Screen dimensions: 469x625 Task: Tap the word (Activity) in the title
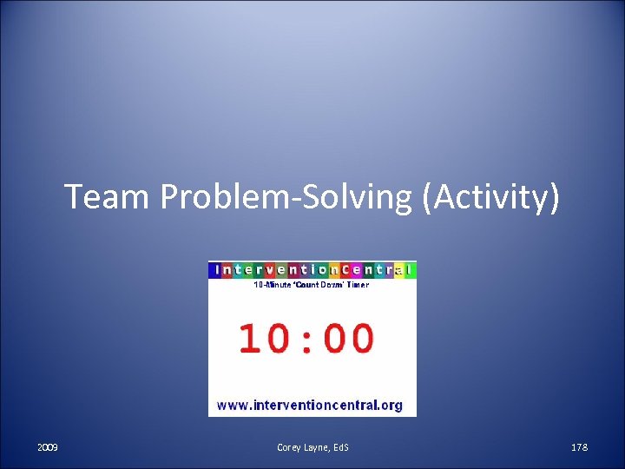490,198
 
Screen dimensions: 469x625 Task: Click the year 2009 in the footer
48,447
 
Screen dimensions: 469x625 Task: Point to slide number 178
579,447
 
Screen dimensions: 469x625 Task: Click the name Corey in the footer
289,447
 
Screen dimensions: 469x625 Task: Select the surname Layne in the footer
318,447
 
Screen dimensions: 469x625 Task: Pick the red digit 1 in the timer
250,338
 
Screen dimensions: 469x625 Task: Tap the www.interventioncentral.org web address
310,405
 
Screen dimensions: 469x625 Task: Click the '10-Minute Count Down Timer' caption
312,285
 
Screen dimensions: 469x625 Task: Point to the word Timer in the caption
358,285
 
